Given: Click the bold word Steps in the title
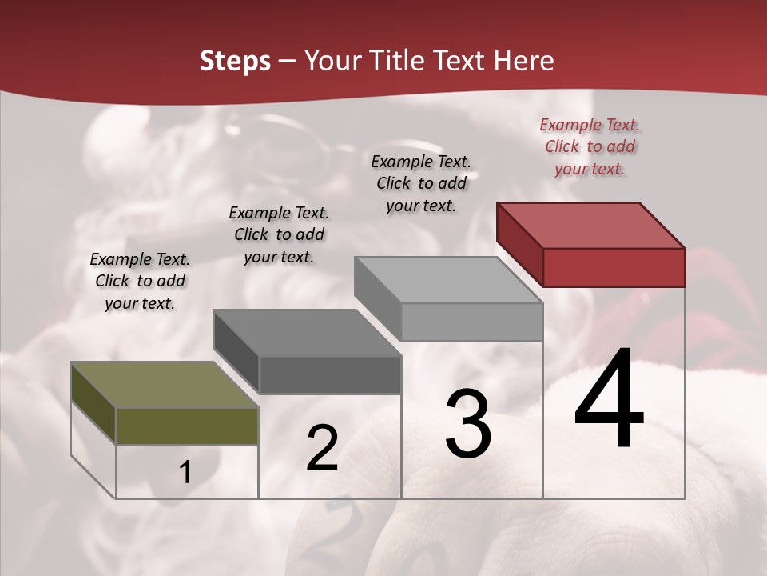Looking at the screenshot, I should pos(235,61).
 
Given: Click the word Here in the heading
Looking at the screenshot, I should pos(523,61).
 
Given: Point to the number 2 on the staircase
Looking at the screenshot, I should pos(322,448).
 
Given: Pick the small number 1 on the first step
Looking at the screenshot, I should pos(185,472).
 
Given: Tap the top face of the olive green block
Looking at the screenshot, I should pos(165,385).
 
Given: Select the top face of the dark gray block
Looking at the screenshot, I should pos(307,333).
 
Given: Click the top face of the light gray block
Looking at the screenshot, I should pos(448,280).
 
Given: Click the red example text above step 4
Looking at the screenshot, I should pos(590,146).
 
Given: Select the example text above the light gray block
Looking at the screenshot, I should pos(421,183).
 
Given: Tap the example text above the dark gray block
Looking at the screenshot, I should pos(279,234).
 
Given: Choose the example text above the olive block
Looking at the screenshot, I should pos(140,281).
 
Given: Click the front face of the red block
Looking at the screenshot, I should pos(614,267).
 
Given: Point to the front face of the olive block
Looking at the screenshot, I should pos(187,426).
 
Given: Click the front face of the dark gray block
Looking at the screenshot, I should pos(330,374).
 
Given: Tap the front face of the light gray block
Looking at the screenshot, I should pos(471,322).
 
